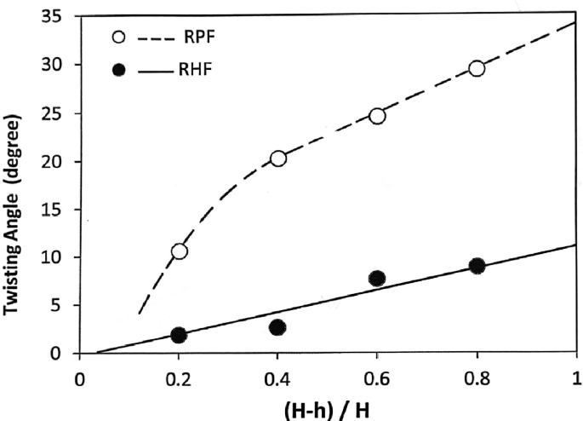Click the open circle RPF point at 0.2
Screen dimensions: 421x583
(x=179, y=251)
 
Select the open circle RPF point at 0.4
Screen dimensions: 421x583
(x=278, y=158)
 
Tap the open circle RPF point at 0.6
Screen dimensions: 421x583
(x=377, y=116)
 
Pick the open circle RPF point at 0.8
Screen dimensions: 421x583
(x=477, y=68)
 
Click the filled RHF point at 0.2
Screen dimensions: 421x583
(x=179, y=335)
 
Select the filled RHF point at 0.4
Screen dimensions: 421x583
(x=278, y=327)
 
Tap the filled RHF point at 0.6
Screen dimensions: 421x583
(x=377, y=278)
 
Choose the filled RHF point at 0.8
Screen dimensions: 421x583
(x=477, y=266)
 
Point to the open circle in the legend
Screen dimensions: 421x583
(x=120, y=37)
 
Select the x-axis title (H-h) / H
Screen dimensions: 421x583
(x=327, y=405)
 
